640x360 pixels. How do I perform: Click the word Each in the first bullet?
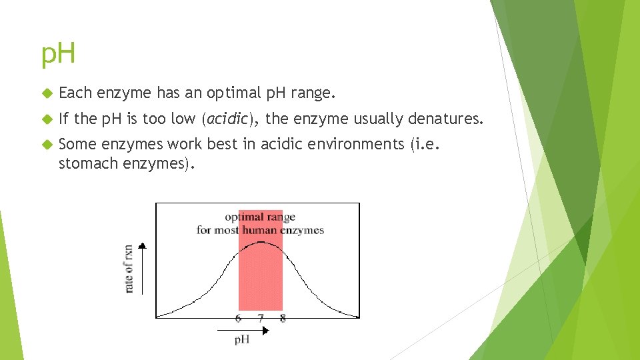(75, 93)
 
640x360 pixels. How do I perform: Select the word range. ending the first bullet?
(313, 94)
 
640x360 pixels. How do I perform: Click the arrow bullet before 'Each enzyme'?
(46, 94)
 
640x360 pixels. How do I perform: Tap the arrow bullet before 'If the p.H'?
(46, 119)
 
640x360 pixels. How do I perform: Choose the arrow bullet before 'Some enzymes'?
(46, 145)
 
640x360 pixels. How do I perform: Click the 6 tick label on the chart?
(239, 319)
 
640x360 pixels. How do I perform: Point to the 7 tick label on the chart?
(261, 319)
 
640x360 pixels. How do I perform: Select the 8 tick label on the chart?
(283, 319)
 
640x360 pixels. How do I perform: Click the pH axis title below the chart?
(242, 340)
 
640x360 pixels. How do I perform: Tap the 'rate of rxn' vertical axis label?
(128, 269)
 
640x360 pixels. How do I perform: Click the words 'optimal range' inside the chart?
(260, 217)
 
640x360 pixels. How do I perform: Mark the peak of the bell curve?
(261, 242)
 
